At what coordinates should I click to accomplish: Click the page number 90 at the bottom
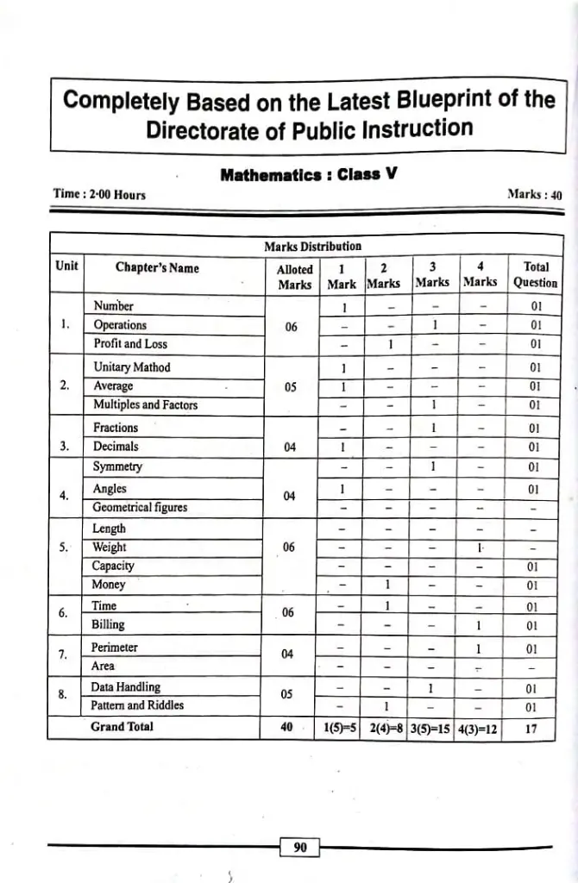tap(300, 848)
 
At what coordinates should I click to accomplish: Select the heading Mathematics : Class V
tap(308, 174)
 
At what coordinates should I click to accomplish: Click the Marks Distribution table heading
tap(312, 247)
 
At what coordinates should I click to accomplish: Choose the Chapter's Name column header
tap(157, 268)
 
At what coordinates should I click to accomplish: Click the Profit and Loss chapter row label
tap(131, 344)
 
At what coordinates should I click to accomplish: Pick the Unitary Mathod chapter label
tap(132, 367)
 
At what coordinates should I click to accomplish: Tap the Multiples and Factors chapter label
tap(145, 405)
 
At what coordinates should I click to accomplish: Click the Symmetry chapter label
tap(118, 467)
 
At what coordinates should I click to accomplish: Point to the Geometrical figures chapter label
tap(140, 508)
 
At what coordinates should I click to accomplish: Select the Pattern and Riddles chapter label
tap(137, 706)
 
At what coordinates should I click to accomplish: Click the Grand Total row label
tap(122, 727)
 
